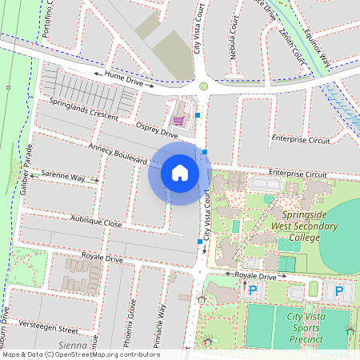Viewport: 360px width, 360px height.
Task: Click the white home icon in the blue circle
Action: (x=180, y=173)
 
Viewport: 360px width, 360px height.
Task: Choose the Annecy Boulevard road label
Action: (x=119, y=155)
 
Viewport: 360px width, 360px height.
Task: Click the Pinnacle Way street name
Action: (x=162, y=326)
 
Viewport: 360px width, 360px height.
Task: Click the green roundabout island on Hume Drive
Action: (x=203, y=86)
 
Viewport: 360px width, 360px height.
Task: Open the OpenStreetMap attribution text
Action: (x=81, y=354)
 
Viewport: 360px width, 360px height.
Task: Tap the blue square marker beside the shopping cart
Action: (x=197, y=115)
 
